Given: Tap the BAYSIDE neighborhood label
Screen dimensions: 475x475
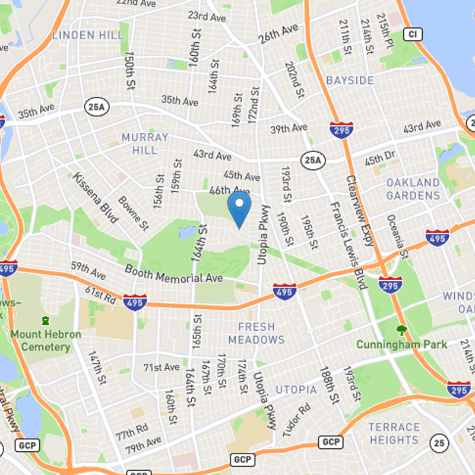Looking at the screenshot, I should pos(350,80).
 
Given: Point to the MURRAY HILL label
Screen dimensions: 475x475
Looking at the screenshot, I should pos(145,144).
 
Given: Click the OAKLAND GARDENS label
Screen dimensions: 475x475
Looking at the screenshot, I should pos(413,189).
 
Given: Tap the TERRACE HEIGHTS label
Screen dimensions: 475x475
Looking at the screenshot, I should pos(394,433).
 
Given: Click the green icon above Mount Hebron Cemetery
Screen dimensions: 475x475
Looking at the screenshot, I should pos(45,321).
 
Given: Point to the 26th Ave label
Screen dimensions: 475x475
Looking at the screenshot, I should pos(277,36).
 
